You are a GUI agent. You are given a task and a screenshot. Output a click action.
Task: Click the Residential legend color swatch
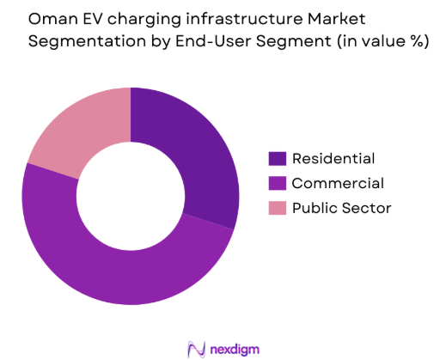pos(277,158)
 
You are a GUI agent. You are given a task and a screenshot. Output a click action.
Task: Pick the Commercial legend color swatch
pos(277,183)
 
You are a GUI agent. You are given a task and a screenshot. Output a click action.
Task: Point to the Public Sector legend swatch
pos(277,208)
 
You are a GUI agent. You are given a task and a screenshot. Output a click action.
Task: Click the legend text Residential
pos(333,158)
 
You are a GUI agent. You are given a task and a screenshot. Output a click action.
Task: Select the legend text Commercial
pos(338,183)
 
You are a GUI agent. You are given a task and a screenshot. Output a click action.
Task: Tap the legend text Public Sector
pos(341,208)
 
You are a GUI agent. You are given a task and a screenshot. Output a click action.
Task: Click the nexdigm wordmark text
pos(235,348)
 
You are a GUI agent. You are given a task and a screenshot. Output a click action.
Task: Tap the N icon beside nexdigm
pos(197,348)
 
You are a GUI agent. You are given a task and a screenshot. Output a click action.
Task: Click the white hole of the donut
pos(131,195)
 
